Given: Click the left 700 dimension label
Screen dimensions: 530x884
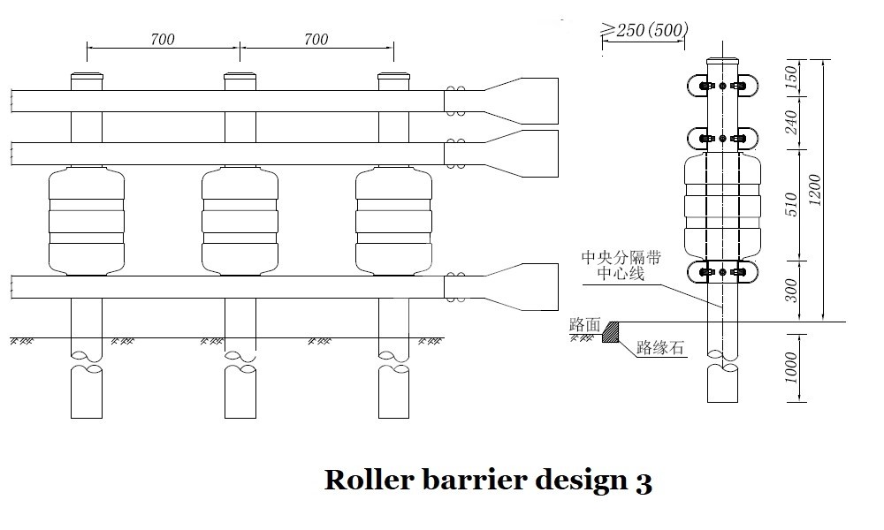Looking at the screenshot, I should (x=163, y=39).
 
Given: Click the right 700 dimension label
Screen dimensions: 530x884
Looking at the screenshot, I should (x=316, y=39).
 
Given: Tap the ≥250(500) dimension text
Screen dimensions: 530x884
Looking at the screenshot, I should (x=644, y=30).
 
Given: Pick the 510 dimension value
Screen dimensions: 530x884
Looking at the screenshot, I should (x=792, y=204).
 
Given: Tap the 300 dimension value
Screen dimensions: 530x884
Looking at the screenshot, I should (x=792, y=289).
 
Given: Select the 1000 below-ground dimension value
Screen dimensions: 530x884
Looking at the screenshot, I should (x=792, y=367).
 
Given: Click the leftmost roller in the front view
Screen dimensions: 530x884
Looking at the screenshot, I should (x=86, y=221).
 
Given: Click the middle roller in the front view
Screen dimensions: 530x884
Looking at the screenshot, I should (x=240, y=221).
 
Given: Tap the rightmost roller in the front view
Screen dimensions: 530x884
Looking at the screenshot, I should (x=393, y=221).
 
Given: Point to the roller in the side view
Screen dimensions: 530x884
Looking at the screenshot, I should (x=722, y=205).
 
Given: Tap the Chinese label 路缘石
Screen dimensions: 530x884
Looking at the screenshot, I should (x=659, y=348).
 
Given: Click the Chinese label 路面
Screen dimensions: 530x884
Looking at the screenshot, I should (x=584, y=325).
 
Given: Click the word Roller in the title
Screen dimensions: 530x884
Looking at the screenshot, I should (x=366, y=480).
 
